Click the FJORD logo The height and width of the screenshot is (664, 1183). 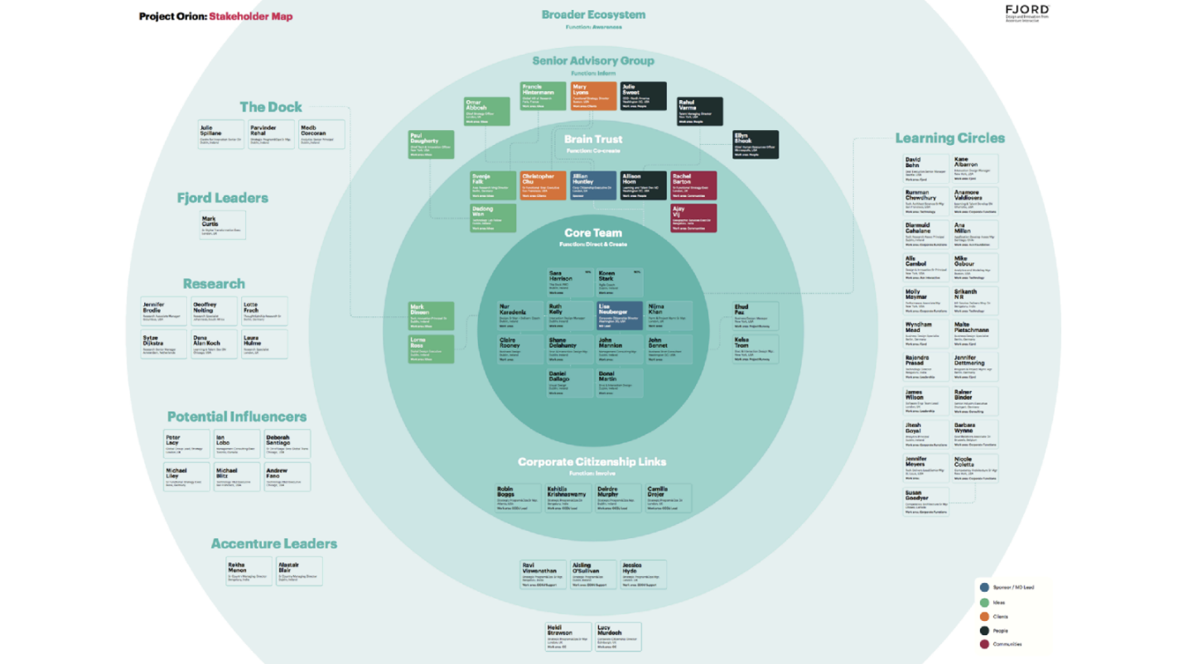[1026, 12]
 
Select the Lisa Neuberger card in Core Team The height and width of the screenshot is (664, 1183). [618, 315]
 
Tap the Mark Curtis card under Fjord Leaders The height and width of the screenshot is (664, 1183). [222, 226]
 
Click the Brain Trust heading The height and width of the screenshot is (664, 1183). [593, 140]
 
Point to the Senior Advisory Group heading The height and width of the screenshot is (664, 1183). [593, 60]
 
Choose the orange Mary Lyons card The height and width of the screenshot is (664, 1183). [593, 96]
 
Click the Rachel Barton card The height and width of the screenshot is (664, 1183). [693, 185]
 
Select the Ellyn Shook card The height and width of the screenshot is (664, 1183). [755, 144]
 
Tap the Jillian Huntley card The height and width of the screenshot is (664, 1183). [593, 185]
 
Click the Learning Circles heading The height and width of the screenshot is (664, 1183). [949, 138]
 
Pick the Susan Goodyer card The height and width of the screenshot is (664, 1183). [925, 503]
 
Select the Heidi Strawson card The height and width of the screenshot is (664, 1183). [568, 637]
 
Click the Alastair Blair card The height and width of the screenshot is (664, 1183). [299, 572]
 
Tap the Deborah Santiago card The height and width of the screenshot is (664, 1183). [287, 444]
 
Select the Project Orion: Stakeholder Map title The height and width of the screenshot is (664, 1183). [215, 17]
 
